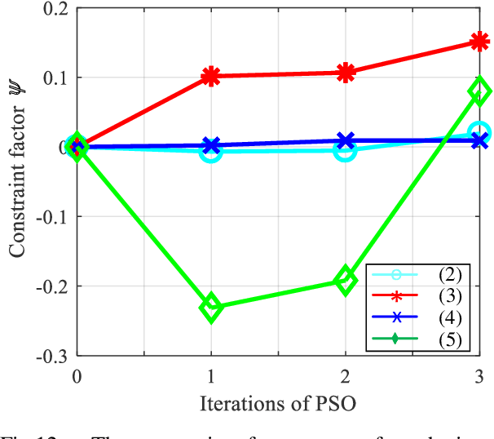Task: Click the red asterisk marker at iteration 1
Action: (211, 77)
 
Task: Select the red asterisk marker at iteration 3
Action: (480, 42)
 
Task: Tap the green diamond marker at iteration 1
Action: (211, 308)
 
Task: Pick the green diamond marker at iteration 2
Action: (346, 280)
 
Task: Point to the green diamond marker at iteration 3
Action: (480, 91)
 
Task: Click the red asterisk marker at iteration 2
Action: (346, 73)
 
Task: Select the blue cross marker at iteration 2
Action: (346, 140)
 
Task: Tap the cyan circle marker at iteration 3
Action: (480, 133)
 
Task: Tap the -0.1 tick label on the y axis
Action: (49, 216)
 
